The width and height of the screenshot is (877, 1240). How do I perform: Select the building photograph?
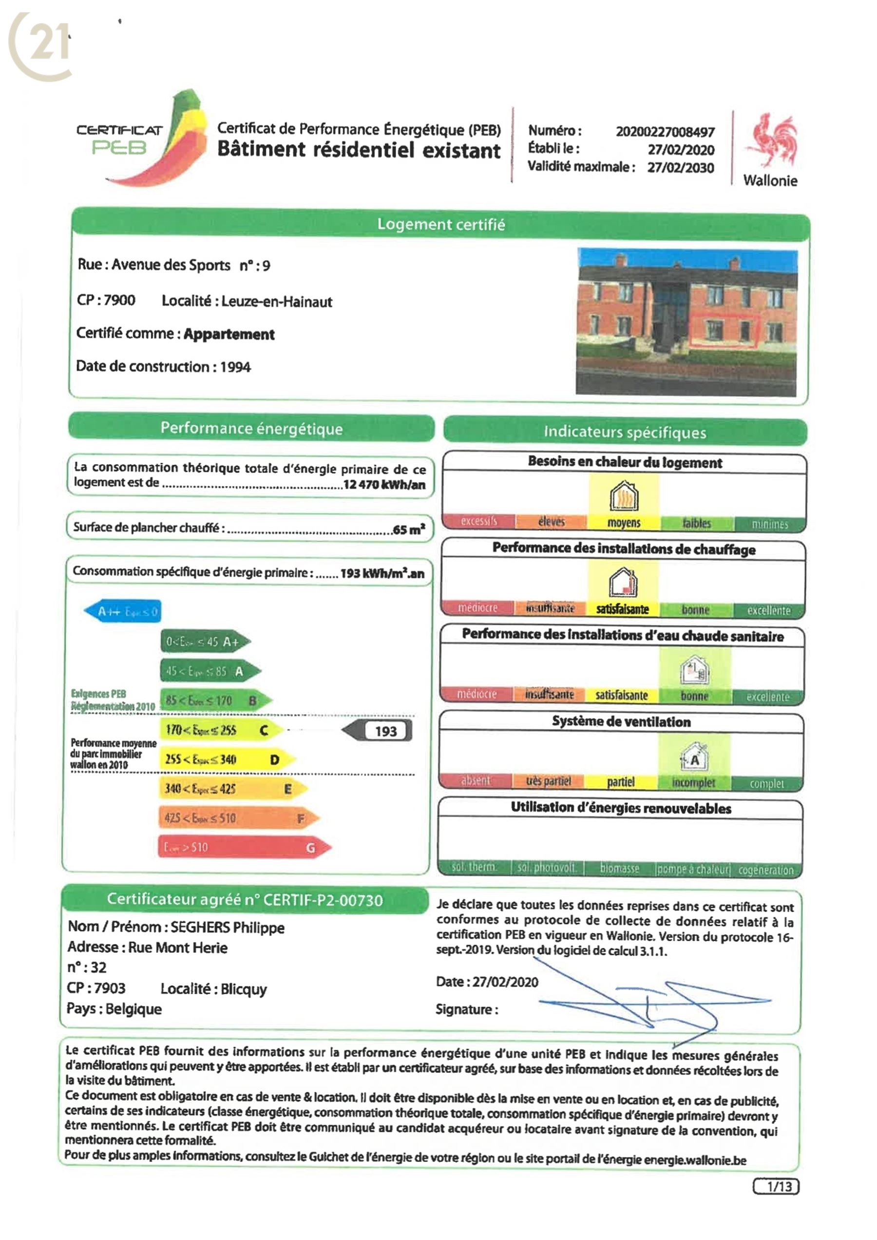click(x=686, y=322)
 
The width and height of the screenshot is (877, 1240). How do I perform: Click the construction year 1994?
click(x=235, y=368)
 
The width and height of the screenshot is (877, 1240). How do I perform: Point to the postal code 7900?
click(x=119, y=300)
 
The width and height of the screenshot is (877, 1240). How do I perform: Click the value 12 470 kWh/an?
click(x=384, y=484)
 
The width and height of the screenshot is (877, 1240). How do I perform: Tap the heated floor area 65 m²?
click(x=409, y=529)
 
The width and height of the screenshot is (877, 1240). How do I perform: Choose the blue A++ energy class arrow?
click(x=123, y=612)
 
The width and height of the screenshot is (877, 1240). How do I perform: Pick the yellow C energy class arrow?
click(x=221, y=731)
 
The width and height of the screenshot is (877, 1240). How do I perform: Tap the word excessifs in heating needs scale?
click(x=478, y=522)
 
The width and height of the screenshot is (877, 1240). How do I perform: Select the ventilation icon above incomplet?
click(x=694, y=756)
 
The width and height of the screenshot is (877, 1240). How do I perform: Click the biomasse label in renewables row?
click(x=619, y=869)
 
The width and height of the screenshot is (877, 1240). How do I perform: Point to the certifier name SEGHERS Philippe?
click(x=228, y=928)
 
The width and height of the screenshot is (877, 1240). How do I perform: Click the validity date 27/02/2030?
click(x=681, y=168)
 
